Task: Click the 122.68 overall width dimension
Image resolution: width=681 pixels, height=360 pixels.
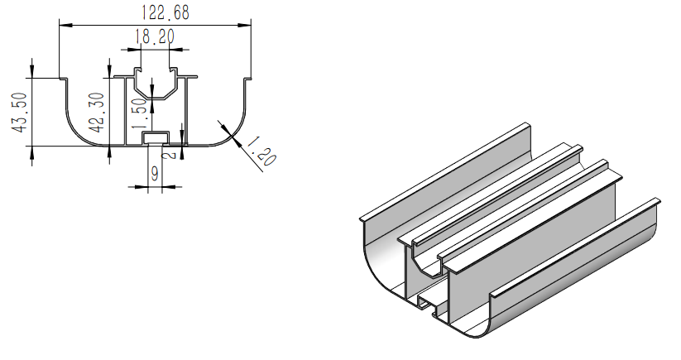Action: coord(154,12)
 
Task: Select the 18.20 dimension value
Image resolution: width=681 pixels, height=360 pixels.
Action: coord(154,36)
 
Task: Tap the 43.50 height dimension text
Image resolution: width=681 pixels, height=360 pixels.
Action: coord(18,113)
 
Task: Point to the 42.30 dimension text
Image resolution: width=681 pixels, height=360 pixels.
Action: coord(96,113)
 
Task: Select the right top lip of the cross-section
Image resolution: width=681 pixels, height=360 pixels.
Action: coord(247,79)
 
